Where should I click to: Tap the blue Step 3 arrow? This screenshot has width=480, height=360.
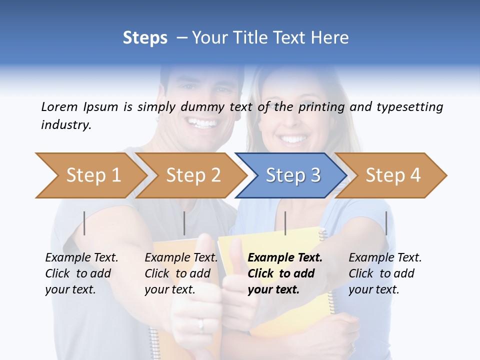[x=292, y=175]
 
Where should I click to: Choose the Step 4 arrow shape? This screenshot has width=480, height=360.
[x=392, y=175]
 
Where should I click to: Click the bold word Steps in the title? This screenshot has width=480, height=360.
[x=145, y=37]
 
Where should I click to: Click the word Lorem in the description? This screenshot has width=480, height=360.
[x=59, y=106]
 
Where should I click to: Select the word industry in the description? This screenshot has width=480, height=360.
[x=66, y=124]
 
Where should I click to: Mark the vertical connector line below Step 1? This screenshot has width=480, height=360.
[x=84, y=223]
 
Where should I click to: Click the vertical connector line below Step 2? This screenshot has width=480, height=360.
[x=184, y=223]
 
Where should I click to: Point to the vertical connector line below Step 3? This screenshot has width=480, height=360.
[x=285, y=223]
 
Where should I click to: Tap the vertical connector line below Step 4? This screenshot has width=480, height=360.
[x=386, y=223]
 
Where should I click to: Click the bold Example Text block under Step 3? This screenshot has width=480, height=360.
[x=285, y=273]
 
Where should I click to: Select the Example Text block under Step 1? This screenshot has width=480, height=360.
[x=81, y=273]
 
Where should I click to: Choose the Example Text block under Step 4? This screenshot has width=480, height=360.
[x=385, y=273]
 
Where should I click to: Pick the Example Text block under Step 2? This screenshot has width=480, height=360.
[x=181, y=273]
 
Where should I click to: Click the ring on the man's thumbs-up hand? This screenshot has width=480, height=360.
[x=201, y=324]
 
